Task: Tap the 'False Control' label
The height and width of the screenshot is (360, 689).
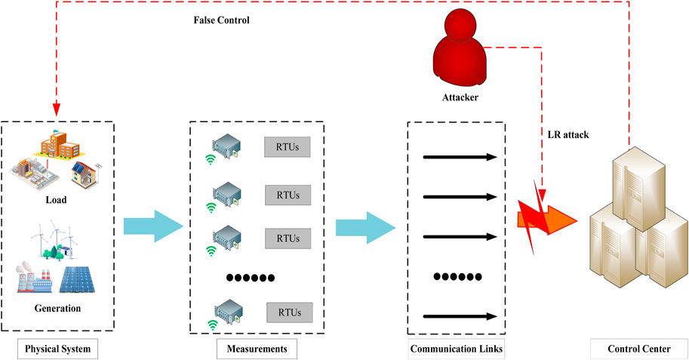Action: [222, 20]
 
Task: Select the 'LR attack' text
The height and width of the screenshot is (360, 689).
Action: [568, 134]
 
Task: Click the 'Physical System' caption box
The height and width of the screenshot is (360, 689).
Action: [58, 349]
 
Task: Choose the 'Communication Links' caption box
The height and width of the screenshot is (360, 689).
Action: [456, 349]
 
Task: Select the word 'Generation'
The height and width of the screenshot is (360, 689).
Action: [58, 308]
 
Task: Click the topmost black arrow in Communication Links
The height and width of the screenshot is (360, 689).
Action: [460, 157]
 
